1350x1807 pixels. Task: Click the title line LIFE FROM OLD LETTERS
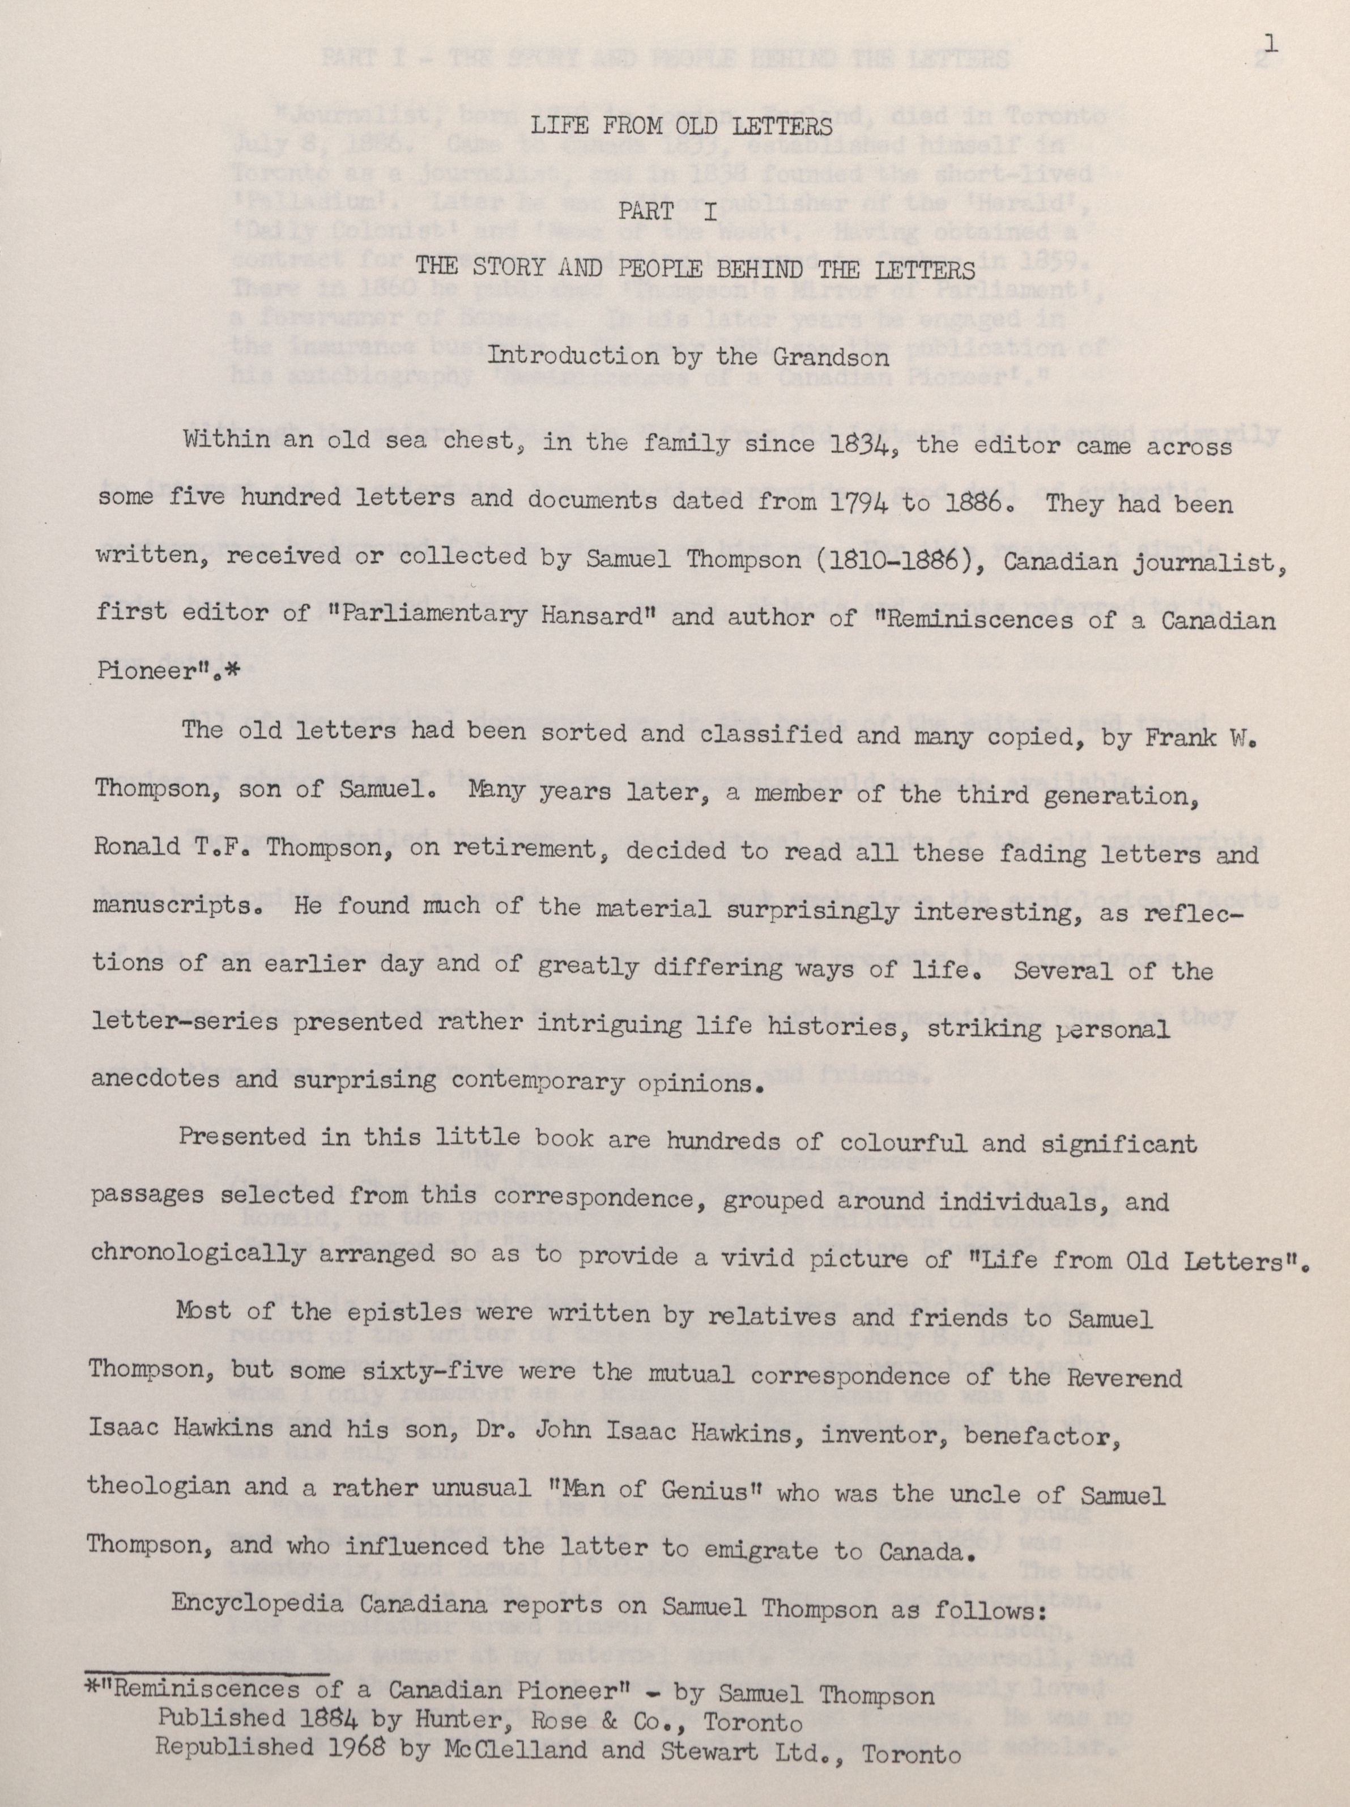[681, 127]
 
